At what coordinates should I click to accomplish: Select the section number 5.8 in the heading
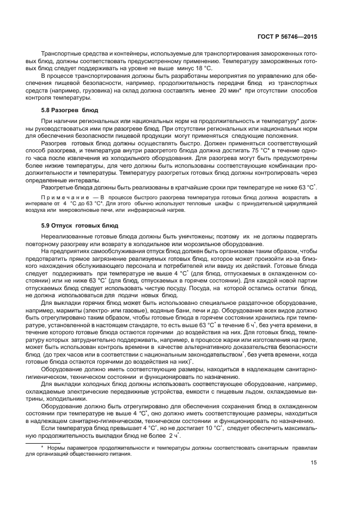point(46,110)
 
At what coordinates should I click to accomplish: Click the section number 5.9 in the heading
point(46,225)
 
